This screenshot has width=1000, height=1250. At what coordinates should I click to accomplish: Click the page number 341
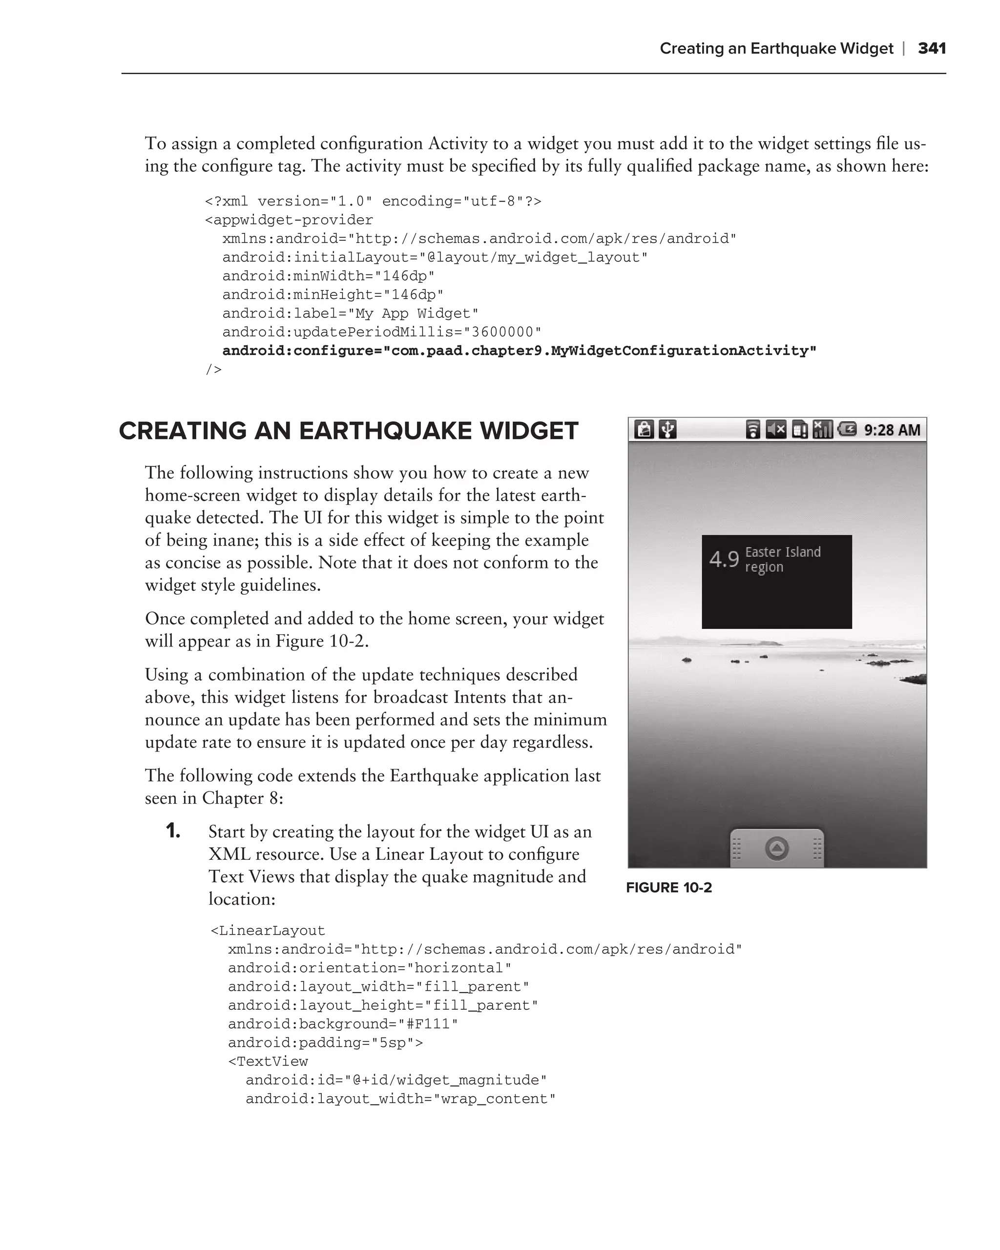tap(932, 48)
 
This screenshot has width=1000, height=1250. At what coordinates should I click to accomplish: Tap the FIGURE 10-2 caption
tap(668, 888)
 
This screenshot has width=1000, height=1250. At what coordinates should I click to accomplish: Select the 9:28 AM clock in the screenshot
tap(892, 430)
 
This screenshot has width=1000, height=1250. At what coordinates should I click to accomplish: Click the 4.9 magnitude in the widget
tap(724, 560)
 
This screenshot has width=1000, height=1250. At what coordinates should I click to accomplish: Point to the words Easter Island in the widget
tap(783, 552)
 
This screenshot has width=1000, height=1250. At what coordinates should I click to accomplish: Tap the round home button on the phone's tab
tap(777, 849)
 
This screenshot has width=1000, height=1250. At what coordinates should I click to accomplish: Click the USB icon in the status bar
tap(668, 430)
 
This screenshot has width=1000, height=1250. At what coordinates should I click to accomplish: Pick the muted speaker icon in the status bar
tap(776, 430)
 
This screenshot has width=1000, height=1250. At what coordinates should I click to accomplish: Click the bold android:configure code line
tap(519, 351)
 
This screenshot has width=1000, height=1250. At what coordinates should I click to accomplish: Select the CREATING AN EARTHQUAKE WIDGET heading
tap(349, 431)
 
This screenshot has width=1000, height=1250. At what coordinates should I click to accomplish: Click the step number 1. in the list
tap(173, 832)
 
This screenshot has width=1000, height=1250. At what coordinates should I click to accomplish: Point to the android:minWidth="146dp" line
tap(328, 276)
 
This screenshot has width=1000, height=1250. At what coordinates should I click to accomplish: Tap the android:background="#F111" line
tap(343, 1024)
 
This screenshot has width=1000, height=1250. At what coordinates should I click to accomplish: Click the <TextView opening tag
tap(268, 1062)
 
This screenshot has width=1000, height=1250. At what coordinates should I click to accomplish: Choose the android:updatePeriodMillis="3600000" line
tap(381, 332)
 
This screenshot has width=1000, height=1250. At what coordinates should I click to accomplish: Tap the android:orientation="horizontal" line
tap(369, 968)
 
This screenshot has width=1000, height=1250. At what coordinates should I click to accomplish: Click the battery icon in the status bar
tap(847, 430)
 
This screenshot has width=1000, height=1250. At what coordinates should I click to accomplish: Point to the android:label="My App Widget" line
tap(350, 313)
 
